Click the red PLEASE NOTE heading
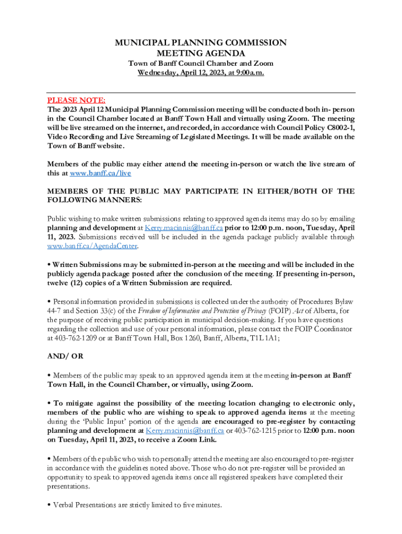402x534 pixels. click(x=76, y=100)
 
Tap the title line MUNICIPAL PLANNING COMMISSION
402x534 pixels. click(x=200, y=43)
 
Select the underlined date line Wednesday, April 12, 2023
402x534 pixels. click(x=200, y=73)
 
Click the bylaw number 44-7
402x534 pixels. click(x=55, y=311)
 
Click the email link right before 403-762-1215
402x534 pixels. click(x=185, y=431)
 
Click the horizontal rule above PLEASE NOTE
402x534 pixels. click(x=201, y=93)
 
